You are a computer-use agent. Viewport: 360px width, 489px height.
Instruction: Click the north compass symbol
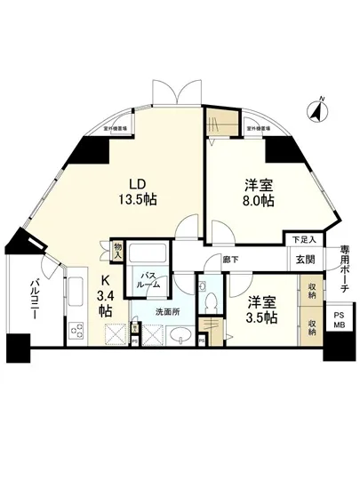(316, 112)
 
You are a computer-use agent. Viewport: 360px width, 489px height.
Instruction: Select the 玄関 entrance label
(306, 259)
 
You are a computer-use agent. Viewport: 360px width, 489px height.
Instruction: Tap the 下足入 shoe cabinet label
(304, 239)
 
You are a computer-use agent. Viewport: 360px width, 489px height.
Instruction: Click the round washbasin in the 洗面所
(177, 336)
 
